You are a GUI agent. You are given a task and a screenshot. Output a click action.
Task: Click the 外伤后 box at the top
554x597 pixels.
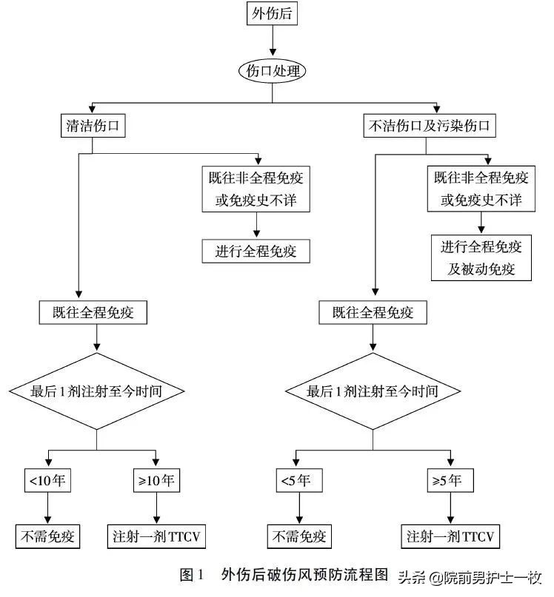coord(273,13)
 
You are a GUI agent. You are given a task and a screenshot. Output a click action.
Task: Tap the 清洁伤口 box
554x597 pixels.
coord(92,126)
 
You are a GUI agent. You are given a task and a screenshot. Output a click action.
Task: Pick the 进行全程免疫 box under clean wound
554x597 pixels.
coord(256,251)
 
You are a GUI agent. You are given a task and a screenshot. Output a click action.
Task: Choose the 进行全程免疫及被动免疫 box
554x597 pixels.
coord(481,257)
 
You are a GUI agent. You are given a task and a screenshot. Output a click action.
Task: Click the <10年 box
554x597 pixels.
coord(49,480)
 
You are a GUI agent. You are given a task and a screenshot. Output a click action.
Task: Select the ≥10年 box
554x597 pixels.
coord(156,480)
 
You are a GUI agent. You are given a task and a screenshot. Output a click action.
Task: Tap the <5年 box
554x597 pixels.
coord(296,480)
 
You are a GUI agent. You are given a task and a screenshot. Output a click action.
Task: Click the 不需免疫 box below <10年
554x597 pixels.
coord(48,535)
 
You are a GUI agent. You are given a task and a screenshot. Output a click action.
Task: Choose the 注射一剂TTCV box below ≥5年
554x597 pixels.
coord(451,535)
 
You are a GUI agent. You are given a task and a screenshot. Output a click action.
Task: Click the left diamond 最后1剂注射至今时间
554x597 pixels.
coord(96,391)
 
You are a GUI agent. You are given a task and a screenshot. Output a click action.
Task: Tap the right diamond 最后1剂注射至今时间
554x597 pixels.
coord(373,391)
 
